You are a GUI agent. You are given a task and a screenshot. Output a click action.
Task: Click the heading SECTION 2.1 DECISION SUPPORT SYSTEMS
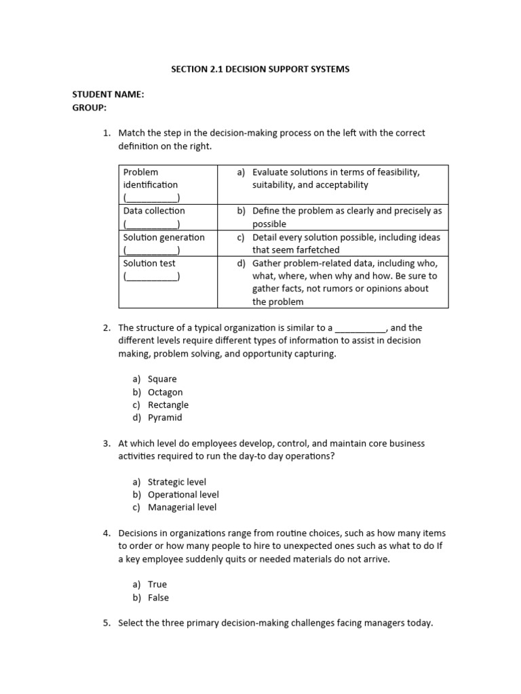click(260, 69)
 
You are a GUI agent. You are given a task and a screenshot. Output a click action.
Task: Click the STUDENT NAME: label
click(108, 95)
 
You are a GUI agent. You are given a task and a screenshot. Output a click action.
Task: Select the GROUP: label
click(90, 108)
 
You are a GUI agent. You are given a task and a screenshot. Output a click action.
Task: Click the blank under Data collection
click(151, 224)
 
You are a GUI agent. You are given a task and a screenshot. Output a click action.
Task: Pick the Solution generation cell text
click(163, 237)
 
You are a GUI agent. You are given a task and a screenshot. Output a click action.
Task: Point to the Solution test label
click(149, 263)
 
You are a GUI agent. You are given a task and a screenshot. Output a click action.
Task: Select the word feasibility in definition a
click(395, 172)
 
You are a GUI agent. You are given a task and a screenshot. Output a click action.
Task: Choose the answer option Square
click(162, 379)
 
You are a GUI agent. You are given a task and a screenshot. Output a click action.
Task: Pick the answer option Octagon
click(165, 392)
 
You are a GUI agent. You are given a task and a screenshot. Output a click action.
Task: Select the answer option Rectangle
click(168, 405)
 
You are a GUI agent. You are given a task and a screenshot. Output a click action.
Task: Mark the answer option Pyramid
click(165, 417)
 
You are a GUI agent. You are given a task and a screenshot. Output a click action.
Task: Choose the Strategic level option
click(177, 482)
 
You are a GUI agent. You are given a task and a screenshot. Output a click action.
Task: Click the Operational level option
click(183, 495)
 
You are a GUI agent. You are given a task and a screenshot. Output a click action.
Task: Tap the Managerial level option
click(182, 507)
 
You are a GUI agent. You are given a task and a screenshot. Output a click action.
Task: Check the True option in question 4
click(157, 584)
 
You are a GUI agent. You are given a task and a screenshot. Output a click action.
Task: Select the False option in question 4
click(158, 598)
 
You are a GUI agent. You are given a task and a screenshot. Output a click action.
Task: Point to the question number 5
click(107, 623)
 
